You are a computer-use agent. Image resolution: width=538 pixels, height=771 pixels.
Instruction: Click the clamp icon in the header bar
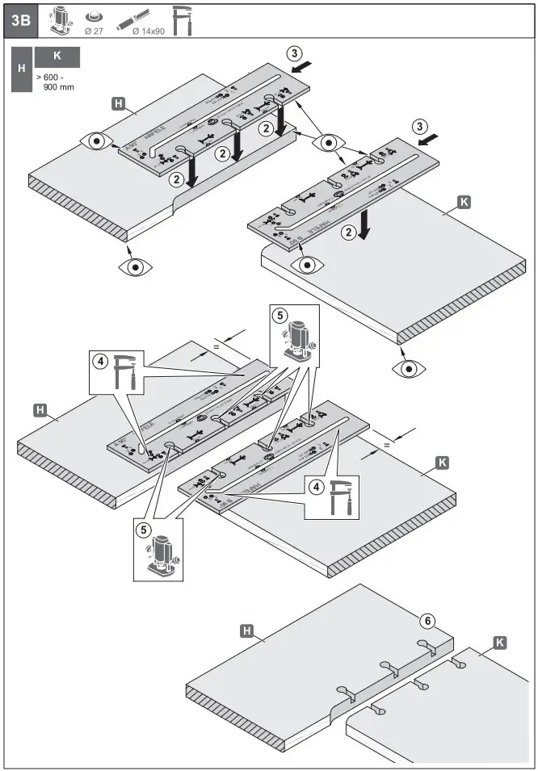pos(183,20)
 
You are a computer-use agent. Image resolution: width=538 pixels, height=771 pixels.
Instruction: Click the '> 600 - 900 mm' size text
pos(53,81)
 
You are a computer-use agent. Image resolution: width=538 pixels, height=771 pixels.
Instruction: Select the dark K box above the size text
pos(57,57)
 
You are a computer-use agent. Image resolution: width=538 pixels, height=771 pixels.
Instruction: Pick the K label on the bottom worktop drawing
pos(499,643)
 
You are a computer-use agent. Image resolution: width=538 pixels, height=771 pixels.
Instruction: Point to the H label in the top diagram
pos(118,103)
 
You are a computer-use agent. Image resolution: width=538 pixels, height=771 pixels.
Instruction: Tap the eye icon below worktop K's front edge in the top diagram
pos(408,368)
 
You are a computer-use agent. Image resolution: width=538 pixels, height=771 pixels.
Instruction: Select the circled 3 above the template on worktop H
pos(296,52)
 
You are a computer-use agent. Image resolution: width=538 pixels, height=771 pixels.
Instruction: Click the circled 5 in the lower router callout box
pos(143,530)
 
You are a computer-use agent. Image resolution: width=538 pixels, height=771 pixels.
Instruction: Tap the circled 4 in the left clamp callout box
pos(100,362)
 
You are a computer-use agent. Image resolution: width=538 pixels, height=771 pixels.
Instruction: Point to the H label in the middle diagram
pos(38,410)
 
